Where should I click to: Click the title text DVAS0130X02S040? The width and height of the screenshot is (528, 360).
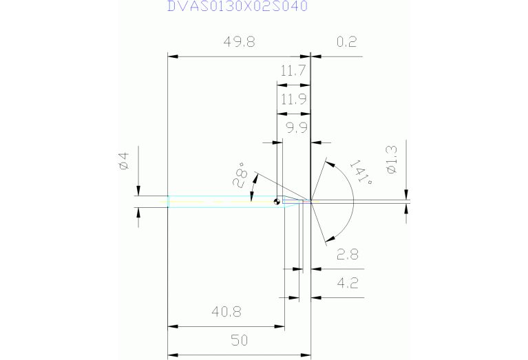237,6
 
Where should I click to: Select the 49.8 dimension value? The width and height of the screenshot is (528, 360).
239,43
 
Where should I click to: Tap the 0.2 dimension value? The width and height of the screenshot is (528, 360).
346,43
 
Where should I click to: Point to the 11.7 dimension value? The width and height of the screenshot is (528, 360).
293,70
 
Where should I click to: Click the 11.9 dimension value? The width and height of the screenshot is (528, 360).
293,99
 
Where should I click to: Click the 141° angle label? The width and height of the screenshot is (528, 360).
361,173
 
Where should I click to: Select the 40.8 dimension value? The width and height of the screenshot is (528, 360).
226,312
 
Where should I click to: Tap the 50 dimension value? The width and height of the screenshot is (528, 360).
240,341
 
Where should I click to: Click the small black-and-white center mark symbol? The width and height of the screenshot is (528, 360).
276,202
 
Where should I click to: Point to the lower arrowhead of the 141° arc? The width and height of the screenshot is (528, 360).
328,238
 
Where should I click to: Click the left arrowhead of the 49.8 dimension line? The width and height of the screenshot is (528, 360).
173,56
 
